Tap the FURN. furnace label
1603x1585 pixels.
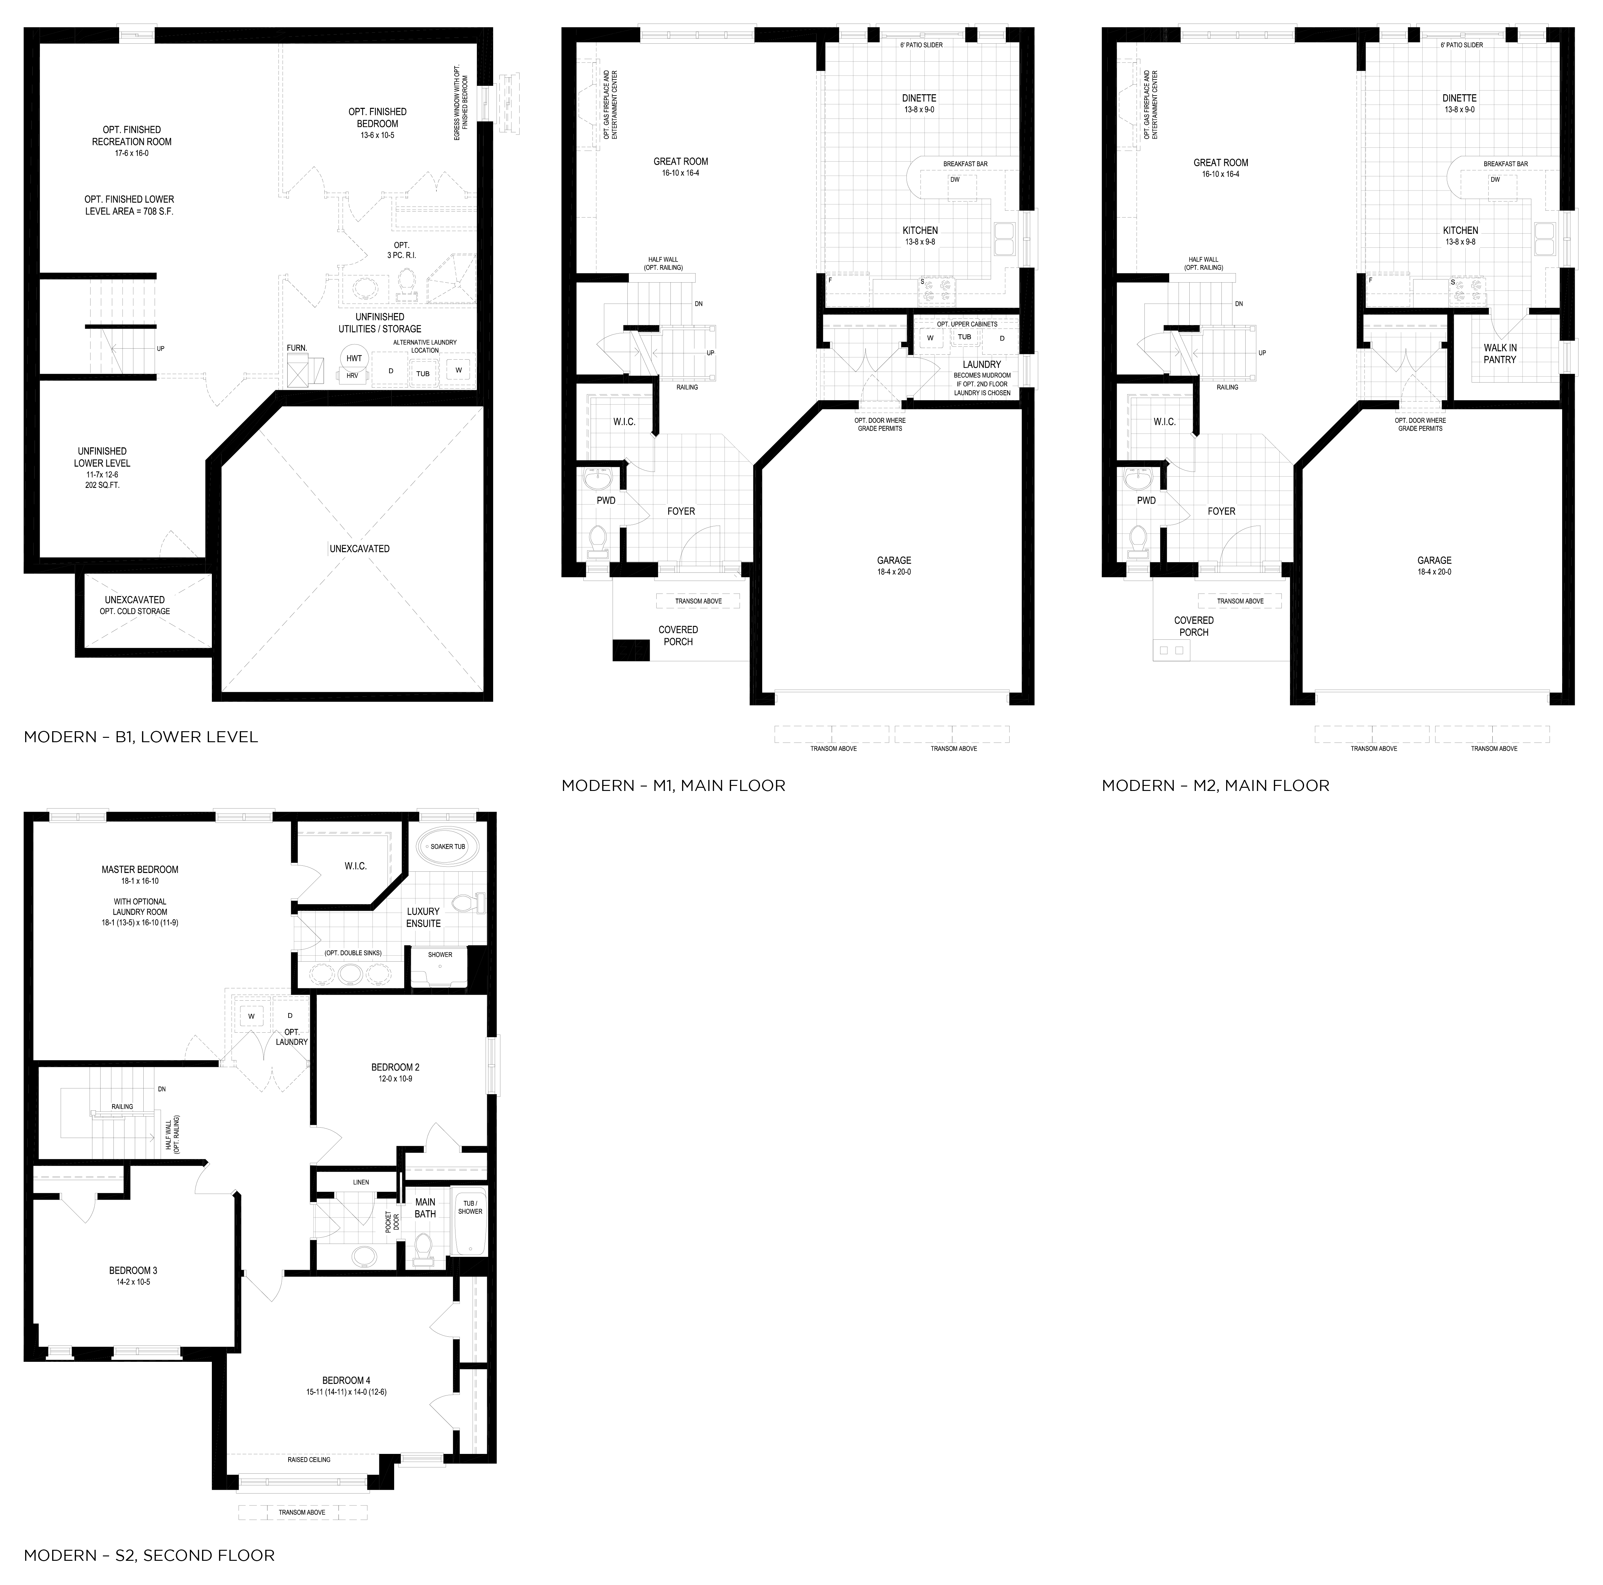pyautogui.click(x=296, y=348)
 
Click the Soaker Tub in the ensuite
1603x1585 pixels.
pyautogui.click(x=447, y=847)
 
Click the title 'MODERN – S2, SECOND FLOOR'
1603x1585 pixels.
pyautogui.click(x=149, y=1555)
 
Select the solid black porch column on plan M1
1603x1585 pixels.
pyautogui.click(x=631, y=650)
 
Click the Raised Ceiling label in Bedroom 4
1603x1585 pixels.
pyautogui.click(x=309, y=1459)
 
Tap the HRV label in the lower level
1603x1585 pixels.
pyautogui.click(x=352, y=375)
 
